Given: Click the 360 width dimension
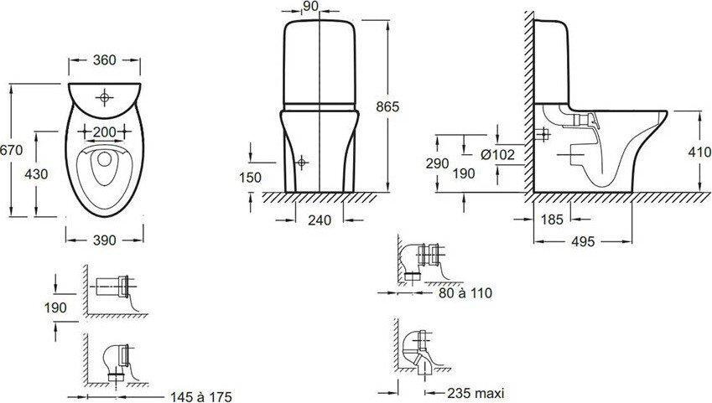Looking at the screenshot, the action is tap(105, 60).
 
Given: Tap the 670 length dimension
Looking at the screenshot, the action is tap(11, 150).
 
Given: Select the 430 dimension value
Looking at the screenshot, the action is tap(36, 173).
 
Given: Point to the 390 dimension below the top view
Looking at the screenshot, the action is tap(105, 240).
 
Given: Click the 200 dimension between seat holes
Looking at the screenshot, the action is tap(105, 132).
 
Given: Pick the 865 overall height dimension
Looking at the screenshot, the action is tap(387, 106).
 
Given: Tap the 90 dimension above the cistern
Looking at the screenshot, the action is tap(324, 6).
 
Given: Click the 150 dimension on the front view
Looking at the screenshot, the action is tap(251, 177).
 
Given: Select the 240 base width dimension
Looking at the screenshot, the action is tap(320, 220).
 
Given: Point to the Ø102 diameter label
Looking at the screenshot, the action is tap(497, 155).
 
